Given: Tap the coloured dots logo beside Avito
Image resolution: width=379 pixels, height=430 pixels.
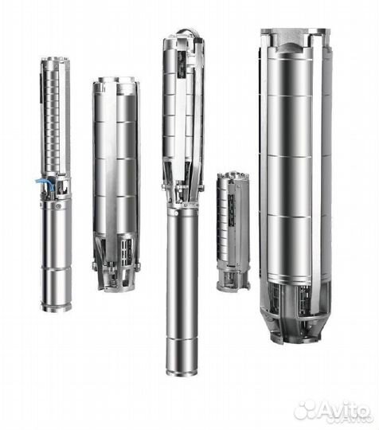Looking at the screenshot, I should click(x=305, y=409).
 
